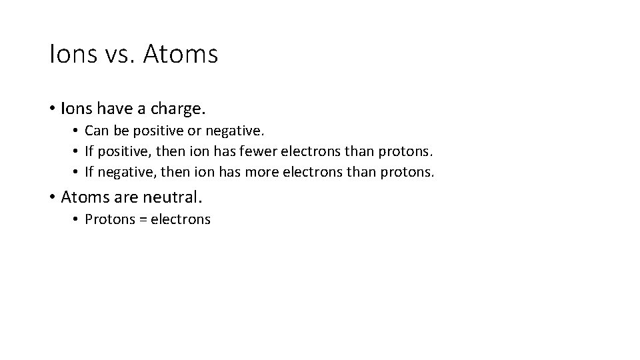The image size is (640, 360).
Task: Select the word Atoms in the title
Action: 180,54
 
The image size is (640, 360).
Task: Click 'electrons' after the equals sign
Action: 180,219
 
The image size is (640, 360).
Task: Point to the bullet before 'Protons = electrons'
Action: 77,219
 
